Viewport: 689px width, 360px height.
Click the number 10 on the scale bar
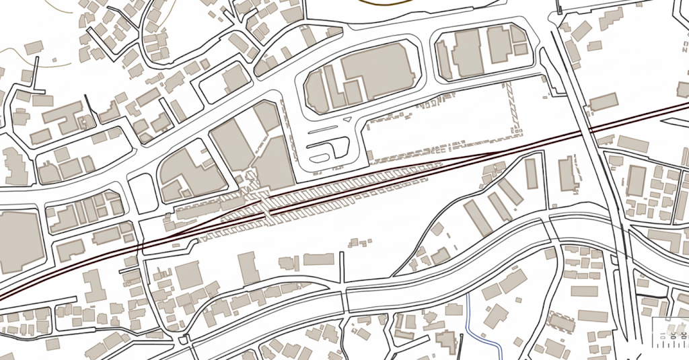coord(663,336)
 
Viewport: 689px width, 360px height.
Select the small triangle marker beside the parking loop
coord(347,118)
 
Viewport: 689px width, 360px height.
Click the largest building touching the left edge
coord(19,241)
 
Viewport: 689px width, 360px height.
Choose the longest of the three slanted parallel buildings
coord(478,217)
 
